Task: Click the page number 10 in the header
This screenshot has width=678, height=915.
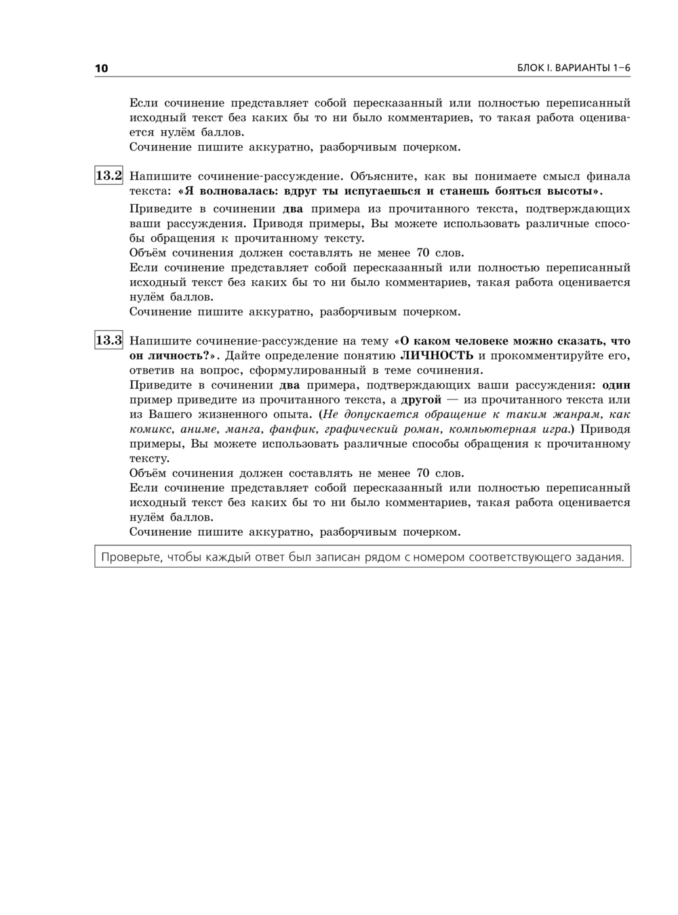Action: point(101,69)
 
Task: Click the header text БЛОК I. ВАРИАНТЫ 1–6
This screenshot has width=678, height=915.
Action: point(574,69)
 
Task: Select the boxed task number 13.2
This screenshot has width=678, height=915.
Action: point(108,176)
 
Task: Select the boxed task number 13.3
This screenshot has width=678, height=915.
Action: point(108,340)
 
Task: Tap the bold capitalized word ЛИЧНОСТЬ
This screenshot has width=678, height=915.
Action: point(437,355)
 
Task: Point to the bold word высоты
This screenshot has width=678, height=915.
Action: point(573,191)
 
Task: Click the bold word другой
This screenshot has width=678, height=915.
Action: point(421,400)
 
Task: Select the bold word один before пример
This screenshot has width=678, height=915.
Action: point(616,385)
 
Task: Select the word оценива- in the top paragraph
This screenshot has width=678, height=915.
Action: point(605,117)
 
